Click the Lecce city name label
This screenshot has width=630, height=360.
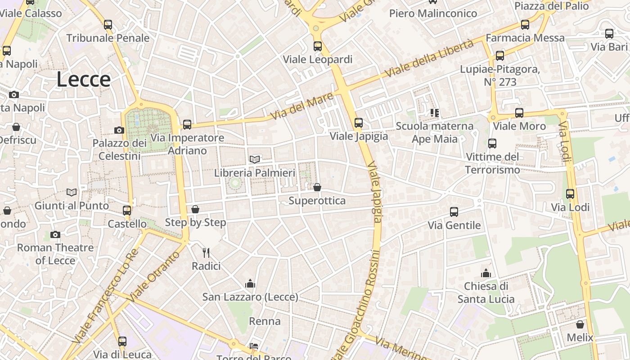click(x=84, y=80)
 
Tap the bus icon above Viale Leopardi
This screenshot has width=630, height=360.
click(x=318, y=46)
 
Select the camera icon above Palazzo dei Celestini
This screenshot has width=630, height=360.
click(x=119, y=130)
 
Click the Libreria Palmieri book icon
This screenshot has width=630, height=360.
click(x=255, y=159)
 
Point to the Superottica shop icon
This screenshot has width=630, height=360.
click(x=317, y=187)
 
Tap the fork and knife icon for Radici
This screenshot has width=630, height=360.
click(x=206, y=252)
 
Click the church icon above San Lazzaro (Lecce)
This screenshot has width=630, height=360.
click(x=250, y=283)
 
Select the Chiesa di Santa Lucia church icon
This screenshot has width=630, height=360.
click(x=486, y=273)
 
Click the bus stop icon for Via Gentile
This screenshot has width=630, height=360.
click(x=454, y=212)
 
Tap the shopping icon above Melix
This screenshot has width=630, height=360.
click(x=580, y=324)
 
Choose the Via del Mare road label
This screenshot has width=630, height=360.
click(x=302, y=106)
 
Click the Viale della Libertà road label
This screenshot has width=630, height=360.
click(x=429, y=58)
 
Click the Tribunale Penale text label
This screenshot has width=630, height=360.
click(x=108, y=38)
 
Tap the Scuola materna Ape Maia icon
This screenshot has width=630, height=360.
click(x=434, y=112)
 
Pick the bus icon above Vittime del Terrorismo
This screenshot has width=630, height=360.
click(x=492, y=144)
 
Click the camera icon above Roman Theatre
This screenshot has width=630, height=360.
click(x=55, y=234)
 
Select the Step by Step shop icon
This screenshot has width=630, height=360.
click(x=195, y=209)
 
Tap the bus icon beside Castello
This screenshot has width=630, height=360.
click(x=127, y=210)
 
